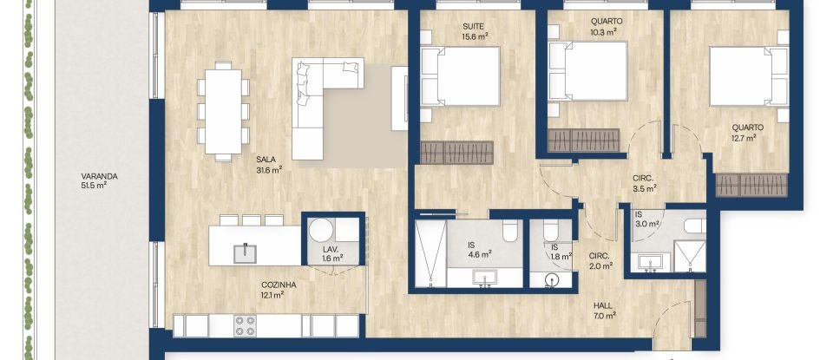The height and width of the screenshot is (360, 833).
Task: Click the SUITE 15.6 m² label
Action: pos(473,31)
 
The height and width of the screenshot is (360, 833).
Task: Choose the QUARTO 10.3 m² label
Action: pos(604,26)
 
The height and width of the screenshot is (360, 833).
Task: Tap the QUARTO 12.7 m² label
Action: pos(743,132)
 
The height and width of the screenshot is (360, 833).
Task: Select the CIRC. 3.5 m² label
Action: pos(644,183)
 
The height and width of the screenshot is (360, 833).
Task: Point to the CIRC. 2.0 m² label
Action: pos(600,261)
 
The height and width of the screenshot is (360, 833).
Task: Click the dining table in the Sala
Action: pos(223,111)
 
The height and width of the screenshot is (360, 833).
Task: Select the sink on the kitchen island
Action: pos(246,251)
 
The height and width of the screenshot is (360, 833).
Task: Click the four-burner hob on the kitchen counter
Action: pos(245,324)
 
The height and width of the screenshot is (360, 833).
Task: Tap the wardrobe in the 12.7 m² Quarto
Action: pos(751,185)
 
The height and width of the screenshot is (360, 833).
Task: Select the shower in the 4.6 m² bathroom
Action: pos(430,252)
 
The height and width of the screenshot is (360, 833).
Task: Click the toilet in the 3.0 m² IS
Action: pos(695,227)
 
